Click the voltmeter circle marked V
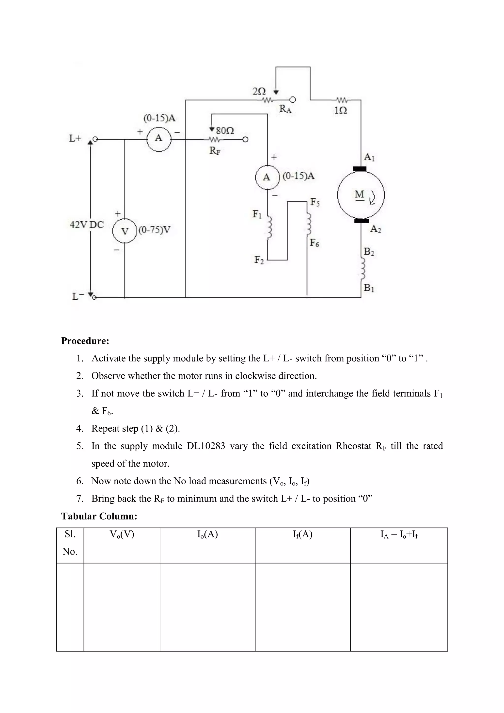click(x=125, y=231)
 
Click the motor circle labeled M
click(x=361, y=195)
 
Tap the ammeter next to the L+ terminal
click(x=158, y=139)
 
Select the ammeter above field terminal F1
click(x=267, y=177)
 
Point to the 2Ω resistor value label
click(x=259, y=91)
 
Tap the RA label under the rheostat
click(x=285, y=109)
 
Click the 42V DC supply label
click(x=87, y=225)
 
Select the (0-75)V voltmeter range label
click(x=155, y=230)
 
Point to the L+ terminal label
click(x=75, y=139)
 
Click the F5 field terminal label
click(x=315, y=202)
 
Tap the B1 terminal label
click(x=369, y=288)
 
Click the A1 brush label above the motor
click(x=369, y=157)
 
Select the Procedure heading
click(x=85, y=341)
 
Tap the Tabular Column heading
click(x=99, y=516)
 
